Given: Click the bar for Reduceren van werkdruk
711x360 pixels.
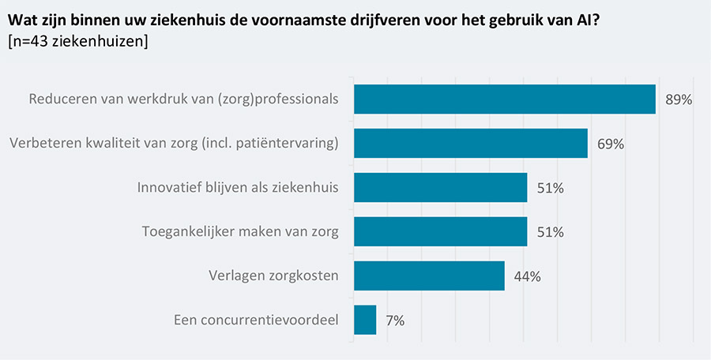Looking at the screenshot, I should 505,99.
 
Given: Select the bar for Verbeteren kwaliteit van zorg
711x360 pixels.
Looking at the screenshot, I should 471,144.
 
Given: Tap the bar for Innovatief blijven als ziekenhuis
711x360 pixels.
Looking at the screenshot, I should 440,188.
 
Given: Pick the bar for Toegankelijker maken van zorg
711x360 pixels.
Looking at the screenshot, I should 440,232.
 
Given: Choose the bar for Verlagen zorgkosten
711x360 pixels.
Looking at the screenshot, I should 429,276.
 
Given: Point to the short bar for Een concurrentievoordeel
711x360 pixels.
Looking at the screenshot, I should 365,321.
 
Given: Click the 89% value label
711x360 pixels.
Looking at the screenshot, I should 679,100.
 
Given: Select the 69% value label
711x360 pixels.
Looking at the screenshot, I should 611,144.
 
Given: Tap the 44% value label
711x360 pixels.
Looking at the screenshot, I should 528,277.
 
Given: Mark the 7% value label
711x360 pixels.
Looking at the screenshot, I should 395,321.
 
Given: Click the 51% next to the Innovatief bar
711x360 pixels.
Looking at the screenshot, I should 550,189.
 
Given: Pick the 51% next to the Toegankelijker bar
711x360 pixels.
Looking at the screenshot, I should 550,233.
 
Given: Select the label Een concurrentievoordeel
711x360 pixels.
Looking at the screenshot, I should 255,321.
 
